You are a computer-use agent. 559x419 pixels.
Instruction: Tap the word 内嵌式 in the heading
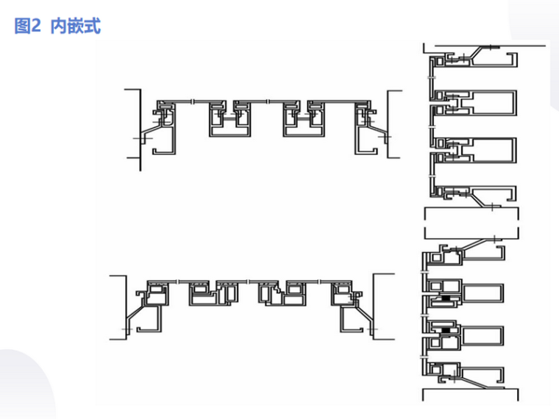pyautogui.click(x=76, y=27)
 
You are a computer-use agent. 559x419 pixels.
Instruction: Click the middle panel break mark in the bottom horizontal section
pyautogui.click(x=248, y=282)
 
